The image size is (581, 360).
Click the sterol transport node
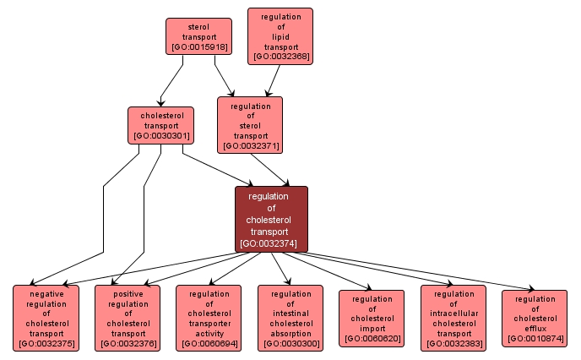pos(198,36)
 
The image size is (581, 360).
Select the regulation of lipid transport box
pos(280,36)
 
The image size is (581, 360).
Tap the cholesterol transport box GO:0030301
pos(160,124)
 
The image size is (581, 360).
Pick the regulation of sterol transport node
pos(250,124)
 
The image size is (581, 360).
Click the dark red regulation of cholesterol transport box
pos(271,219)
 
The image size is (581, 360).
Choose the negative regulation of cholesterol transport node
pos(46,317)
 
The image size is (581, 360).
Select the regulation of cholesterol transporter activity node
pos(209,317)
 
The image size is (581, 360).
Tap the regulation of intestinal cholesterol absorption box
pos(290,317)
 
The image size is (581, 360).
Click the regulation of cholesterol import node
pos(372,318)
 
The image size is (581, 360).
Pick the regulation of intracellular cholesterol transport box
pos(453,317)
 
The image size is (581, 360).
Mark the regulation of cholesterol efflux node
pos(535,318)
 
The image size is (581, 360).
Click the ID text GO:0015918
pos(198,47)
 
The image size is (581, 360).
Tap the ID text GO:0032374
pos(271,243)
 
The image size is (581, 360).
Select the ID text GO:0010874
pos(535,339)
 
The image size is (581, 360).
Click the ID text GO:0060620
pos(372,339)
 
